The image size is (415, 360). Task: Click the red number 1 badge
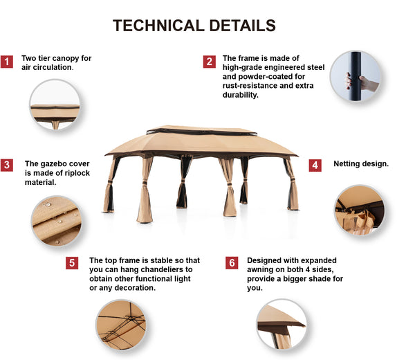(7, 62)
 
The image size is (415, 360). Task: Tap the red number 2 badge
(210, 62)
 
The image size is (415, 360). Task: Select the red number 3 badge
(7, 165)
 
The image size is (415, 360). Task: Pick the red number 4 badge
(315, 165)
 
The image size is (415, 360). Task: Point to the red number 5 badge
(72, 263)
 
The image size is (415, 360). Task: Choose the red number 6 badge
(232, 263)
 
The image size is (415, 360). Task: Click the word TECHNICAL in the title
(158, 26)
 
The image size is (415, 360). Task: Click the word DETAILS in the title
(243, 26)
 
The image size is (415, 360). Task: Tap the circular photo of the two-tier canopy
(55, 105)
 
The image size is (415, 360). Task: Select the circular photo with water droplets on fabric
(57, 221)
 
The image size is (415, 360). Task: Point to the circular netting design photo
(360, 210)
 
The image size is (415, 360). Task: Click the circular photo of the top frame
(121, 325)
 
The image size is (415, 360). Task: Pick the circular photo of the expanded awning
(282, 324)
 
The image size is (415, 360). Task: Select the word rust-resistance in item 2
(250, 86)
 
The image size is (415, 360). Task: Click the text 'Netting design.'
(361, 164)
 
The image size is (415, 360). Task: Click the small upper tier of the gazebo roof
(202, 130)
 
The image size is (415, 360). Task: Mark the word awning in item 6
(261, 270)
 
